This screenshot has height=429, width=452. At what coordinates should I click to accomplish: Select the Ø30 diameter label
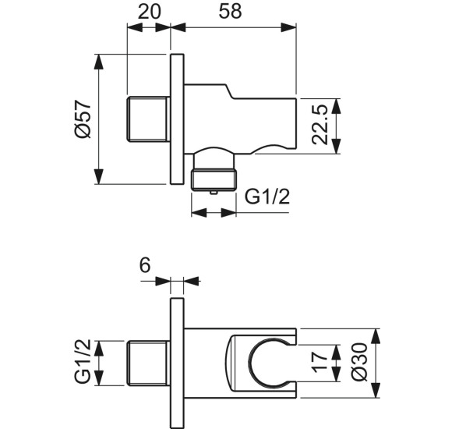pos(360,363)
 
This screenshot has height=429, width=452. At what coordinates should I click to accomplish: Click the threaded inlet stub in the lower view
pos(148,363)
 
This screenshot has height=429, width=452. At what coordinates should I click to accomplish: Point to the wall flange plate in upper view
pos(176,119)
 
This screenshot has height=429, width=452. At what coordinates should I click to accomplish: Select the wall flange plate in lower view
pos(176,363)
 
